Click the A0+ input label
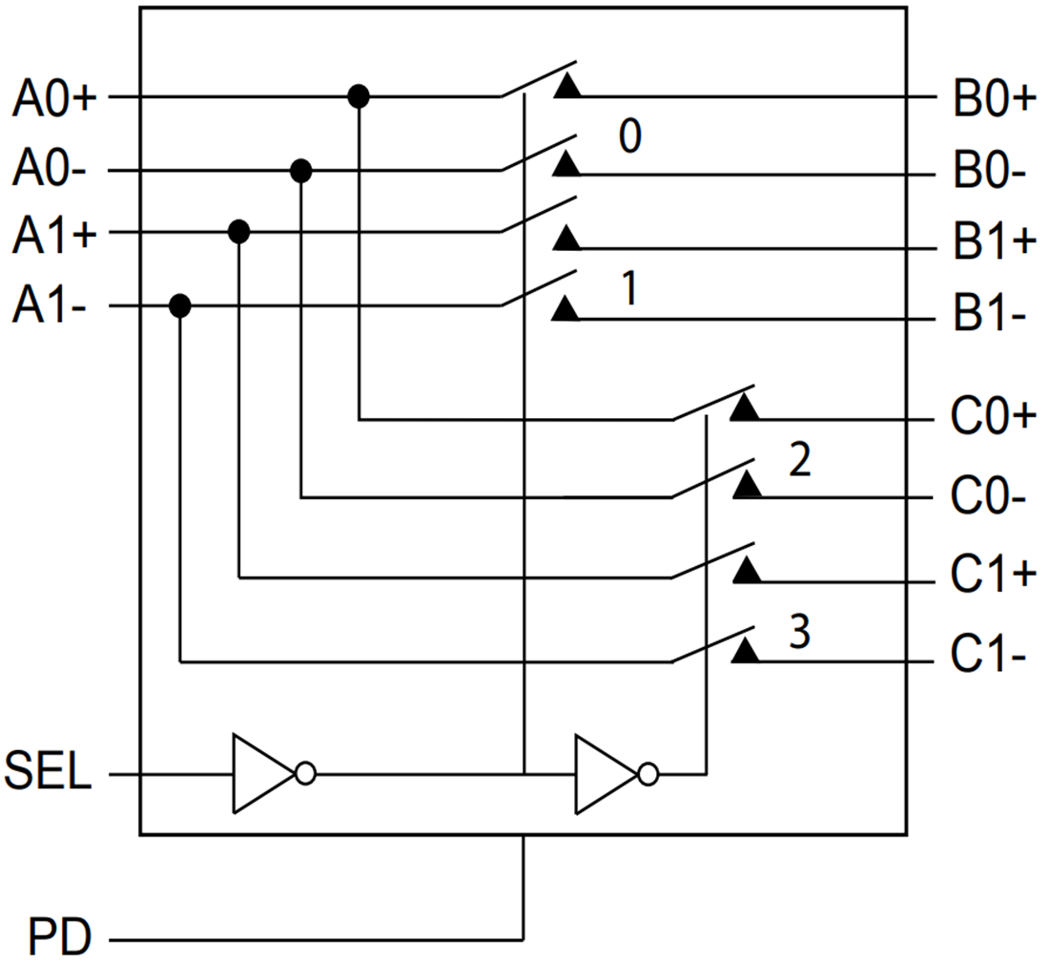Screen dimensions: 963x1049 [54, 98]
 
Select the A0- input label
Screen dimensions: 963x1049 [50, 172]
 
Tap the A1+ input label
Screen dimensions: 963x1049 [54, 235]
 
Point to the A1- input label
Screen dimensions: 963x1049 [50, 307]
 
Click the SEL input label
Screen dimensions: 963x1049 [49, 773]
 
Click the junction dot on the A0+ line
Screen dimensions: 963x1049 [358, 95]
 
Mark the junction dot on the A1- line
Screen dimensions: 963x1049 [179, 306]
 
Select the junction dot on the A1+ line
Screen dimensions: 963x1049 [238, 231]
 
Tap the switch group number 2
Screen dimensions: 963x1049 [799, 461]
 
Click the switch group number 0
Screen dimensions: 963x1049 [630, 139]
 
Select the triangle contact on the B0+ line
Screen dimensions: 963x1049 [567, 87]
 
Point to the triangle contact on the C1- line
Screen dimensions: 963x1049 [746, 651]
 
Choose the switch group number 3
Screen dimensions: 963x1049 [800, 631]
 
